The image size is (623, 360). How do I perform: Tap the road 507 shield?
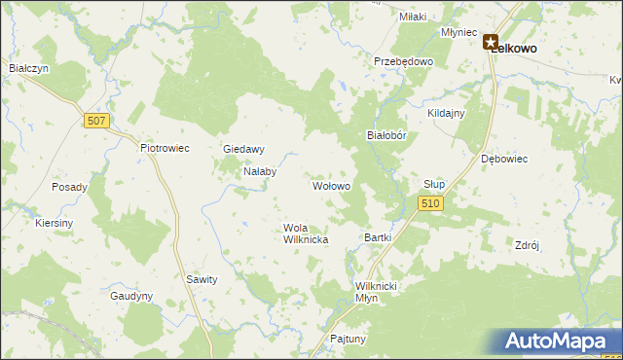click(95, 121)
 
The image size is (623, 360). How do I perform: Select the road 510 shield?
click(432, 202)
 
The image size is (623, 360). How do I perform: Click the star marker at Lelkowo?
click(490, 43)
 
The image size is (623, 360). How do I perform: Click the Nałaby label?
click(260, 171)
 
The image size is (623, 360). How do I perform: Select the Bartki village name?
click(377, 236)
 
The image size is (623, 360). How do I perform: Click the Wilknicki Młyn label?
click(380, 292)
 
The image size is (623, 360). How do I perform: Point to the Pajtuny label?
click(348, 339)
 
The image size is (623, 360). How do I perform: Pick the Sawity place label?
click(201, 278)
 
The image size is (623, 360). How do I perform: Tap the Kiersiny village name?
click(54, 223)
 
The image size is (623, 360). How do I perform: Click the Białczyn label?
click(28, 68)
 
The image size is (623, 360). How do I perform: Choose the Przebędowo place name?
click(403, 60)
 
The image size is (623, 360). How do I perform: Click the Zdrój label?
click(526, 245)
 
